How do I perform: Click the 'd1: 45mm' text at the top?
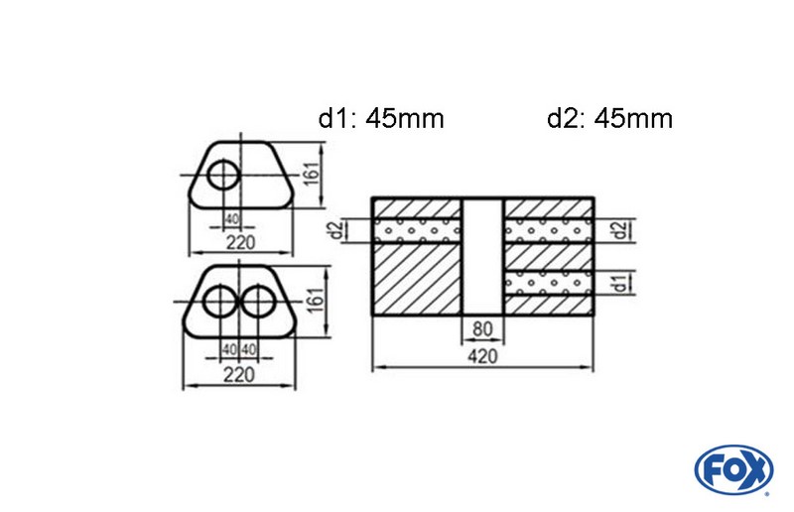(381, 119)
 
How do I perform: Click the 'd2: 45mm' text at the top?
(609, 119)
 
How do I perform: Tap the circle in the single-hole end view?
(224, 176)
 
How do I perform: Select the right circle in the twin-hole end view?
(259, 301)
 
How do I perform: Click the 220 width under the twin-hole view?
(238, 374)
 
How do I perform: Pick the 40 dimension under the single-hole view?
(231, 219)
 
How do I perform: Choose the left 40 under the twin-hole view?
(229, 348)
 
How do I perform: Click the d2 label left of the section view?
(338, 231)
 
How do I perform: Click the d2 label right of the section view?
(620, 231)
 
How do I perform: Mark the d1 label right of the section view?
(620, 284)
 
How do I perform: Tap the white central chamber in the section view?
(484, 256)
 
